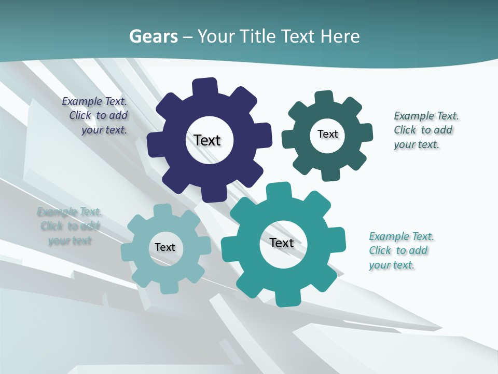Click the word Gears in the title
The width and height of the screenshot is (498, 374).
[x=153, y=36]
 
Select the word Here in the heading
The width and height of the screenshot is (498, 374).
[x=340, y=36]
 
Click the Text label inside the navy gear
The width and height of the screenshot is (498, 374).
[x=207, y=140]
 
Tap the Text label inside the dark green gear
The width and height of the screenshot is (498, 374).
[x=327, y=134]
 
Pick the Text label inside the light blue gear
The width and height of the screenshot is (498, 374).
[x=165, y=247]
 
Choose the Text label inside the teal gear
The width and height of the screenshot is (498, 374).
[x=282, y=243]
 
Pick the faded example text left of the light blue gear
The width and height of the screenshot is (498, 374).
[x=70, y=226]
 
